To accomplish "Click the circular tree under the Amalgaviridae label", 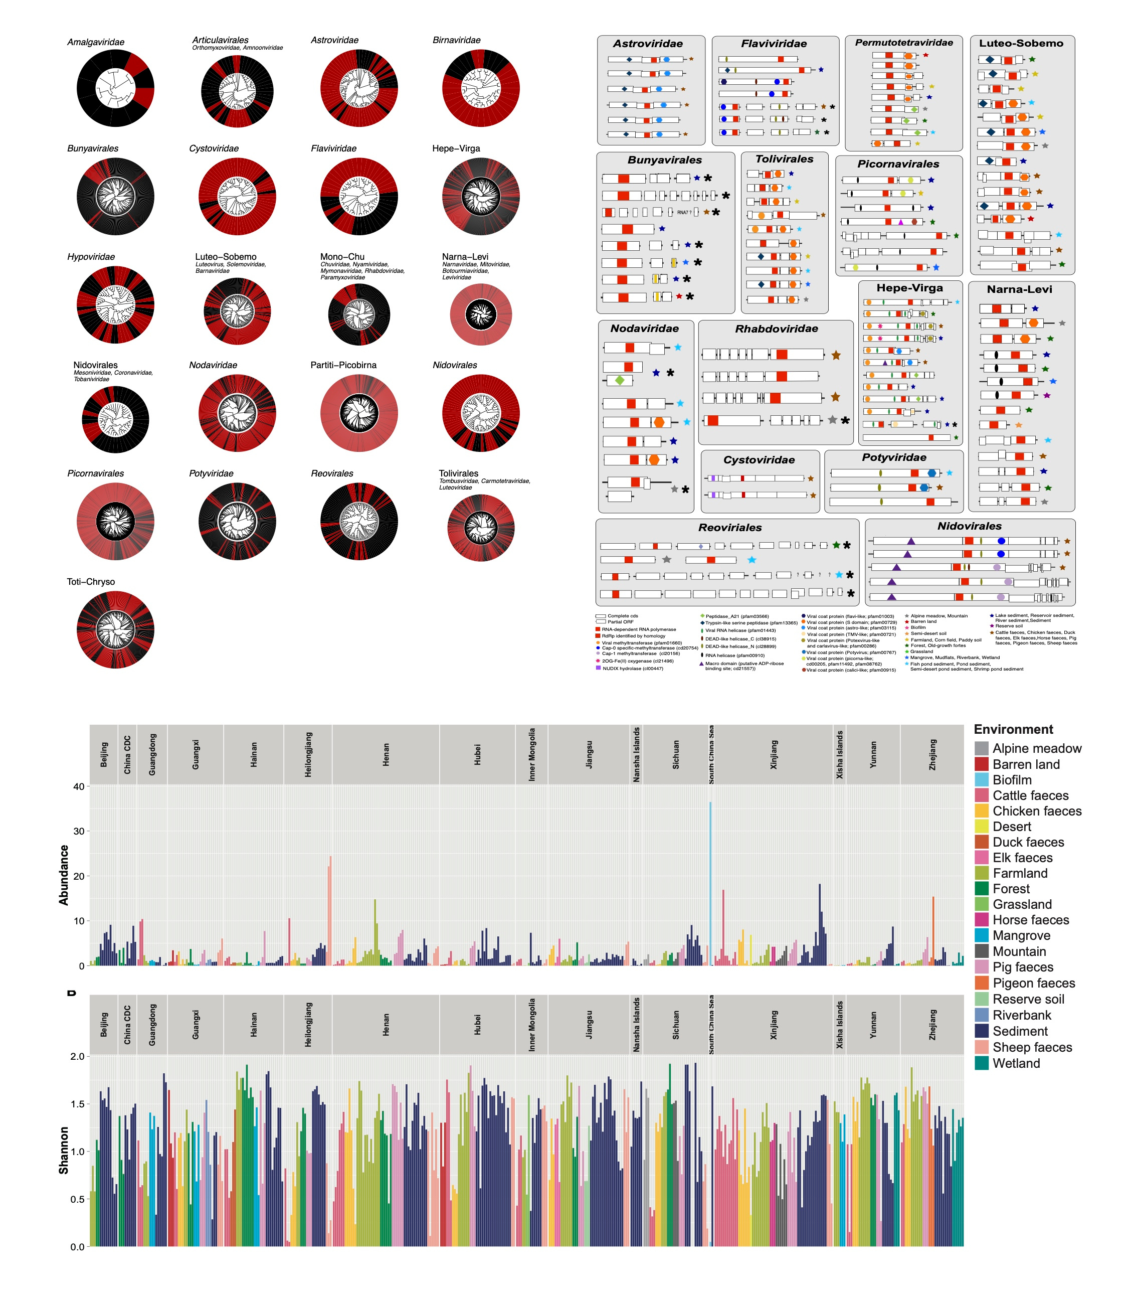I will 115,88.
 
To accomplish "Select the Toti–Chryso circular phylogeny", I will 115,629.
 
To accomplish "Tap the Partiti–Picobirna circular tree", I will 359,413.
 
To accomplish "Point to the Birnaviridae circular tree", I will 481,88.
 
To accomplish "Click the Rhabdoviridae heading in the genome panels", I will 776,329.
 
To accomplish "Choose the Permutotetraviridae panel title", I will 903,43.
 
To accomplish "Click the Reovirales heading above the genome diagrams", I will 729,528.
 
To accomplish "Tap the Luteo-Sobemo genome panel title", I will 1021,44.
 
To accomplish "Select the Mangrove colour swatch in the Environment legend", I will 981,936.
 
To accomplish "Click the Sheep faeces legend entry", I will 1032,1047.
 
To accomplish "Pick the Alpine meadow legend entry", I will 1037,749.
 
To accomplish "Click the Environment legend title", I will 1013,729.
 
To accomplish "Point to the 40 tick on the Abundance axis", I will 78,786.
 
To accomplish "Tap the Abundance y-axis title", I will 64,875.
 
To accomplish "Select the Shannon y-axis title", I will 64,1151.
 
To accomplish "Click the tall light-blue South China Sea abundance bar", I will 710,882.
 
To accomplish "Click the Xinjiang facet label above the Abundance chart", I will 774,754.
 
